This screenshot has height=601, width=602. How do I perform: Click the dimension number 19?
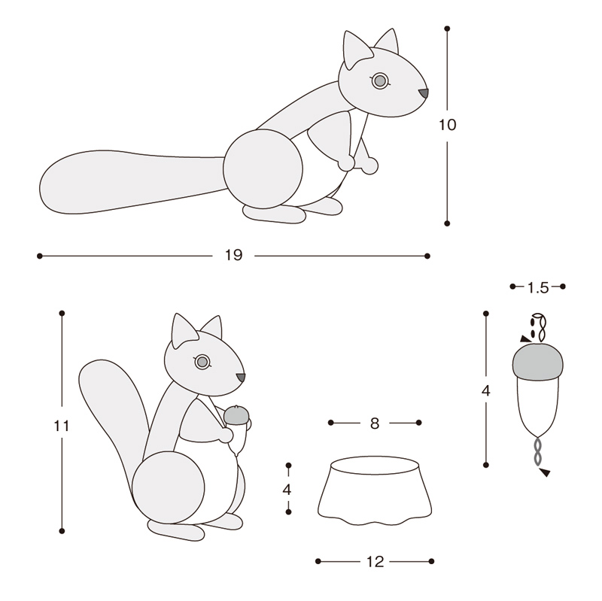pos(233,255)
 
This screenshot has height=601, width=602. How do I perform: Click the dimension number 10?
pos(447,125)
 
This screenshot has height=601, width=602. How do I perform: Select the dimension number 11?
pos(62,426)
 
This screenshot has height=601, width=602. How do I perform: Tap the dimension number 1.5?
pos(538,287)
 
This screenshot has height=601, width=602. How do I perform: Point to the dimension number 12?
pos(375,562)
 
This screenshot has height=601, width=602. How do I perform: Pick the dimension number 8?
pos(375,423)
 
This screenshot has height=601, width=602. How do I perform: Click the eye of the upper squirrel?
pos(380,81)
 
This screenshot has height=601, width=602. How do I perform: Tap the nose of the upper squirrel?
pos(424,93)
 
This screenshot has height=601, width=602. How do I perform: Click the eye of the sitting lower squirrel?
pos(202,362)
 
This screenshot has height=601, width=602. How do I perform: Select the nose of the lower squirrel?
pos(241,378)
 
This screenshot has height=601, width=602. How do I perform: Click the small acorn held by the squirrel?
pos(237,429)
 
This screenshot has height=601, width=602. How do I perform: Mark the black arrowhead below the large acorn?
pos(545,472)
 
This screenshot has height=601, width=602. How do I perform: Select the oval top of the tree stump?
pos(375,465)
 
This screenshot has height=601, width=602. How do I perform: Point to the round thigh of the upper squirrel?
pos(263,168)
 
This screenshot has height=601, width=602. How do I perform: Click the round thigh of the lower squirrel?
pos(168,487)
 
